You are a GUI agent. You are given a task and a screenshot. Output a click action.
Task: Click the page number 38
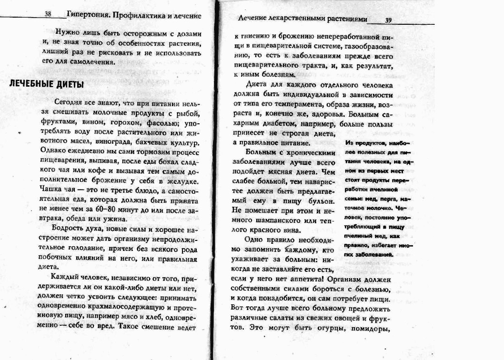(48, 15)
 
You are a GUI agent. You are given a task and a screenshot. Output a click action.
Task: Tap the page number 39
(388, 20)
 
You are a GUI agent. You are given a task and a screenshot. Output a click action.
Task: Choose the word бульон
(320, 200)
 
